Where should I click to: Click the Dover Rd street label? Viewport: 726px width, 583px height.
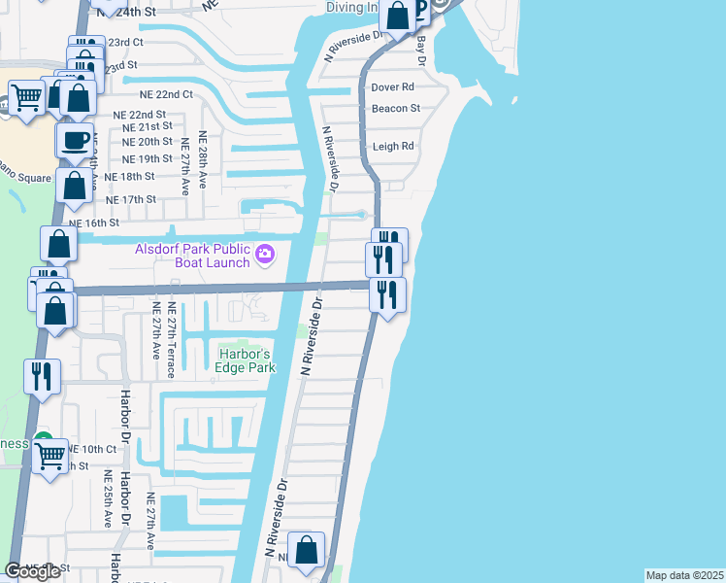(393, 87)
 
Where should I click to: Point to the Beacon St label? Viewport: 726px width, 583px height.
(395, 109)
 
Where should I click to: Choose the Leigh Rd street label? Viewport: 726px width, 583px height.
(393, 147)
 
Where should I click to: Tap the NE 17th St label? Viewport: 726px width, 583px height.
(130, 199)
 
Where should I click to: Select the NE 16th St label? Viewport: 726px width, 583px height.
(92, 223)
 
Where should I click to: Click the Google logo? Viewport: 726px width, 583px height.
(32, 571)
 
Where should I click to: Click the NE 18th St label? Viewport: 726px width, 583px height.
(129, 177)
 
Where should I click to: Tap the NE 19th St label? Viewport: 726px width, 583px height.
(148, 159)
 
